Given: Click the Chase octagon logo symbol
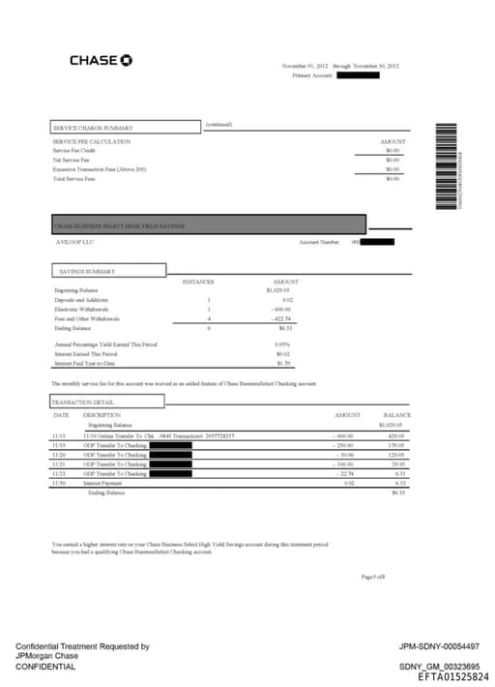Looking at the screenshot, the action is (x=126, y=61).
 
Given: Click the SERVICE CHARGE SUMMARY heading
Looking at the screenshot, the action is (x=93, y=128).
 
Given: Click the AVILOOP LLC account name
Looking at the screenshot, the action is (x=75, y=242).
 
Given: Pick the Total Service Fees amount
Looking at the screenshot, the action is (x=393, y=179).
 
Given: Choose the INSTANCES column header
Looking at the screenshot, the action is (x=198, y=282).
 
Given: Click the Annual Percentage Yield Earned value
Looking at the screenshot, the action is (x=282, y=344).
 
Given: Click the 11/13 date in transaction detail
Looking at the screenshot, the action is (x=59, y=436).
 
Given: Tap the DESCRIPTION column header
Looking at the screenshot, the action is (x=102, y=414).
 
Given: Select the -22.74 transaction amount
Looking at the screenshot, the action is (x=344, y=474).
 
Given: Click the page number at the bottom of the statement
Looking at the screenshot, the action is (x=372, y=576).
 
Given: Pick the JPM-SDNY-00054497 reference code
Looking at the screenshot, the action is (x=439, y=646).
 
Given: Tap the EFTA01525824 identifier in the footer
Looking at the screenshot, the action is (x=453, y=677).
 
